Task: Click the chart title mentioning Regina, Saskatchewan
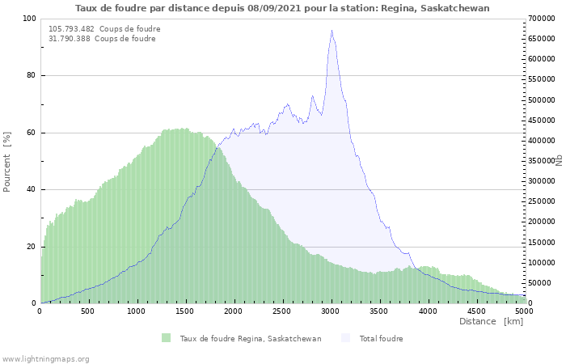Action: pyautogui.click(x=282, y=7)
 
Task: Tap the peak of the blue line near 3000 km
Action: pyautogui.click(x=332, y=31)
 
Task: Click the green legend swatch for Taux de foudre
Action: pyautogui.click(x=167, y=338)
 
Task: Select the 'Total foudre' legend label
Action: pyautogui.click(x=381, y=338)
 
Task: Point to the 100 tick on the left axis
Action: pyautogui.click(x=30, y=19)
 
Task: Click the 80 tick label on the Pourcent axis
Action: pyautogui.click(x=32, y=76)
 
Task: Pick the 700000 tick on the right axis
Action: pyautogui.click(x=542, y=19)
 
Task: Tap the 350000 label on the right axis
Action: pyautogui.click(x=542, y=161)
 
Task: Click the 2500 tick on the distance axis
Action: pyautogui.click(x=283, y=311)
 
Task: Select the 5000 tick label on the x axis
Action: pyautogui.click(x=525, y=311)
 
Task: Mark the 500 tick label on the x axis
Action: pyautogui.click(x=88, y=311)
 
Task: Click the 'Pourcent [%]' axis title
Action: pyautogui.click(x=7, y=161)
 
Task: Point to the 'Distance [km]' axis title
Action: pyautogui.click(x=491, y=321)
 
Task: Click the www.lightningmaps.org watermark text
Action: pyautogui.click(x=45, y=358)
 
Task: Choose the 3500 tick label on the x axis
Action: pyautogui.click(x=379, y=311)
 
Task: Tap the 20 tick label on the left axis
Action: pyautogui.click(x=32, y=247)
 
